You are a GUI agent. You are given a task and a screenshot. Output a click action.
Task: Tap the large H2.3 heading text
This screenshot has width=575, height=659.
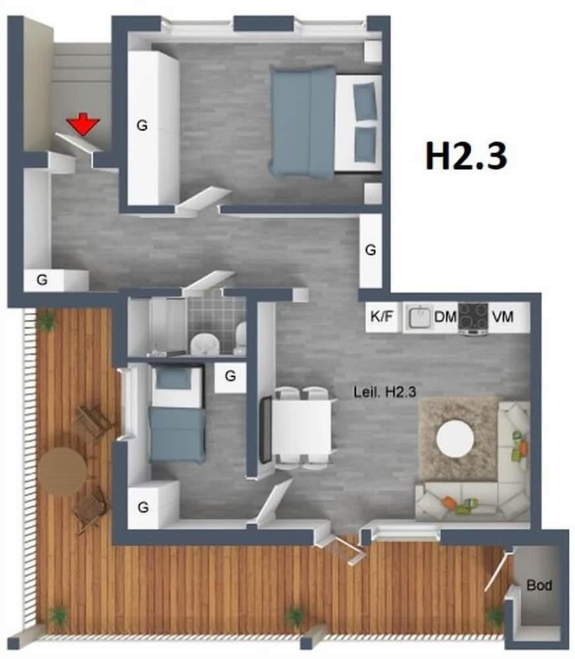(466, 157)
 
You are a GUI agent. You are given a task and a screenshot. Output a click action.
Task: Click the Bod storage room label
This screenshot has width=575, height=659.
(539, 585)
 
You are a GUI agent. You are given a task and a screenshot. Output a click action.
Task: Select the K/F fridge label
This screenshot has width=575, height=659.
(381, 317)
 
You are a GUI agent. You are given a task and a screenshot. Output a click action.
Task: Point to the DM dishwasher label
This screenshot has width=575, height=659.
(445, 317)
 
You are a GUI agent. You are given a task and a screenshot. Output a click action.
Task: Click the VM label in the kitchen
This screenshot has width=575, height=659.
(500, 317)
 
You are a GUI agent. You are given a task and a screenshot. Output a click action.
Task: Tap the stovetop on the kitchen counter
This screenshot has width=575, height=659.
(473, 316)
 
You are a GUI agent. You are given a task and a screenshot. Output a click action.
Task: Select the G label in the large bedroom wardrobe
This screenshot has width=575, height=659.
(142, 125)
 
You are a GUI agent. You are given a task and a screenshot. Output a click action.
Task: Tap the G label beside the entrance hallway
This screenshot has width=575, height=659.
(42, 279)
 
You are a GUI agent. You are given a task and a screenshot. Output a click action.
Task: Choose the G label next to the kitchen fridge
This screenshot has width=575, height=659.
(371, 250)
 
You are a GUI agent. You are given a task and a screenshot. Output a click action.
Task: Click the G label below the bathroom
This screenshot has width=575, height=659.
(230, 376)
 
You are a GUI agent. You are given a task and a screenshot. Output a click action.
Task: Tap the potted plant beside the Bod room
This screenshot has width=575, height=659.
(495, 616)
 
